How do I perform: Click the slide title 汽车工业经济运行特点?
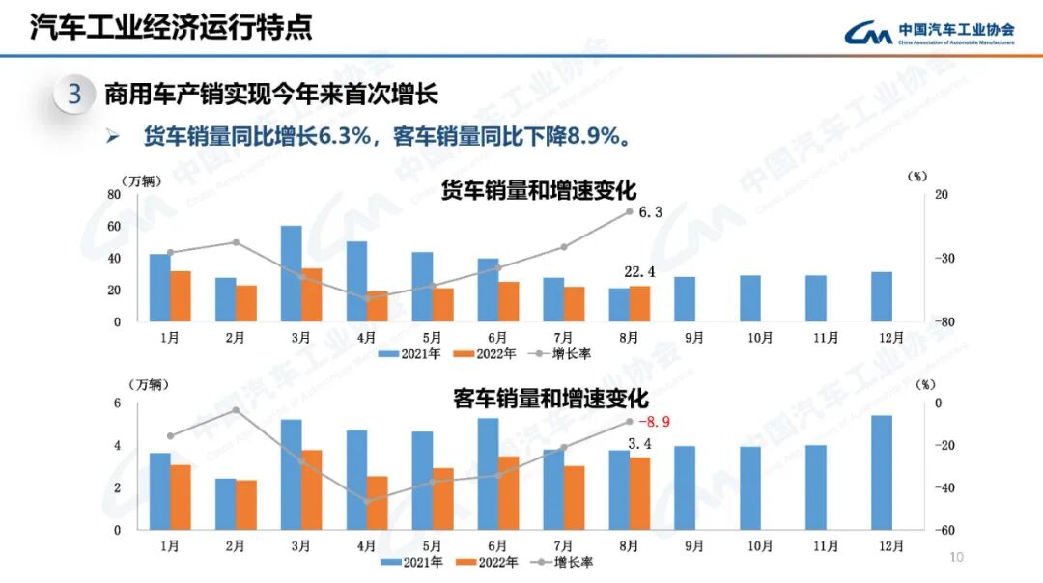[x=170, y=26]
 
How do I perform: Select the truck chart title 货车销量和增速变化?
[x=539, y=190]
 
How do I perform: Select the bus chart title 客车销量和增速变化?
[x=550, y=399]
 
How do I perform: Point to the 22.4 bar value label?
[x=639, y=272]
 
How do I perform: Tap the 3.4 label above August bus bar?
[x=639, y=444]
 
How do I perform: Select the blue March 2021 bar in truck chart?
[x=291, y=273]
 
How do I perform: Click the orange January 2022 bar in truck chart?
[x=180, y=296]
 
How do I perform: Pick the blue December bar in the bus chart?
[x=881, y=472]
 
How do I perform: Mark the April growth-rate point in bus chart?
[x=367, y=501]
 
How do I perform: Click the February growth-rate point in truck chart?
[x=236, y=242]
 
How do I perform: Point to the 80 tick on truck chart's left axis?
[x=114, y=195]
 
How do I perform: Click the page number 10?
[x=957, y=557]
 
